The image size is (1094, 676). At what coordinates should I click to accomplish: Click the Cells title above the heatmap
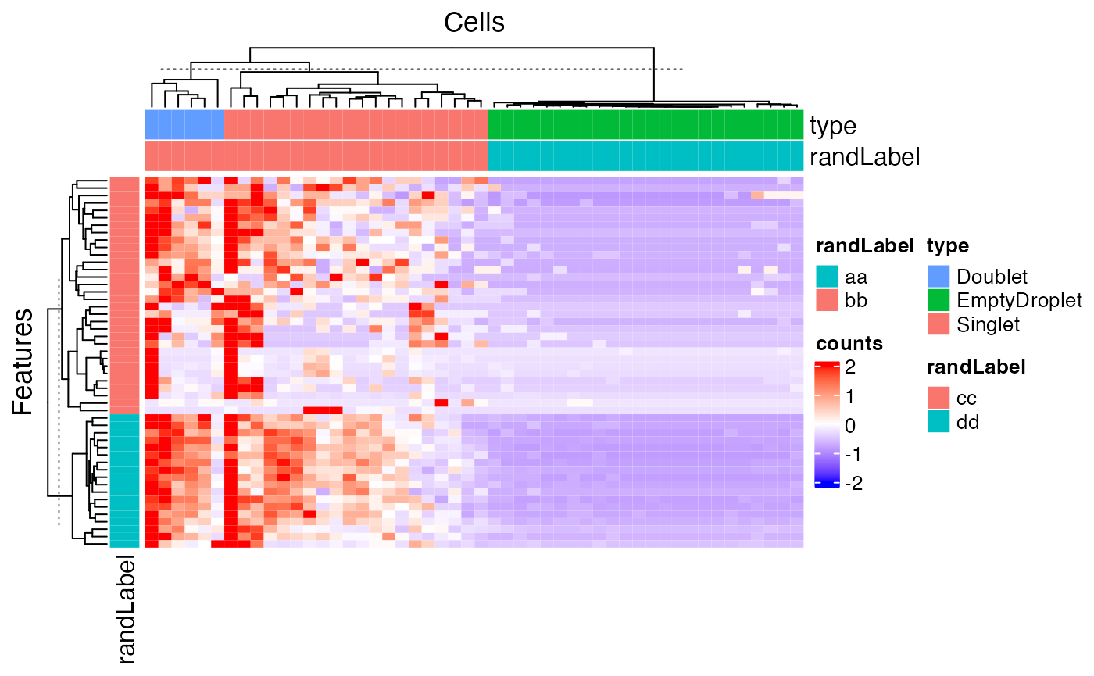point(474,23)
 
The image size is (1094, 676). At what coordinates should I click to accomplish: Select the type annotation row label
point(833,126)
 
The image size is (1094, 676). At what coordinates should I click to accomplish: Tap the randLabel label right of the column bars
point(865,157)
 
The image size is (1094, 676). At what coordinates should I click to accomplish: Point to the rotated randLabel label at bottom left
point(125,610)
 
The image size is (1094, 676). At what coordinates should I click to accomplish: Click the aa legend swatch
point(827,277)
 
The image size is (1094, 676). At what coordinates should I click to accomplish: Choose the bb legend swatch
point(827,300)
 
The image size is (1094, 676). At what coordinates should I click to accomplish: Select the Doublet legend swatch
point(938,277)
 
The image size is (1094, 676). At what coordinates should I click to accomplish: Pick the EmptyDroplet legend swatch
point(938,300)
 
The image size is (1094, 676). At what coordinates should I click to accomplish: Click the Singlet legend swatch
point(938,324)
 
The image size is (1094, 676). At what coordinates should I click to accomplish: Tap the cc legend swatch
point(938,398)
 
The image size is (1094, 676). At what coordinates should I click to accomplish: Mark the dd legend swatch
point(938,422)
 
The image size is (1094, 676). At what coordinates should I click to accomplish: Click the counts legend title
point(849,344)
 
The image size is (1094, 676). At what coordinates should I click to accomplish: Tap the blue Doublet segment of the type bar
point(184,125)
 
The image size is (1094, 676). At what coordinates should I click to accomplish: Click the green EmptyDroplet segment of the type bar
point(645,125)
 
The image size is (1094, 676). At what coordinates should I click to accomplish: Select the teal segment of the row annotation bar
point(124,480)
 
